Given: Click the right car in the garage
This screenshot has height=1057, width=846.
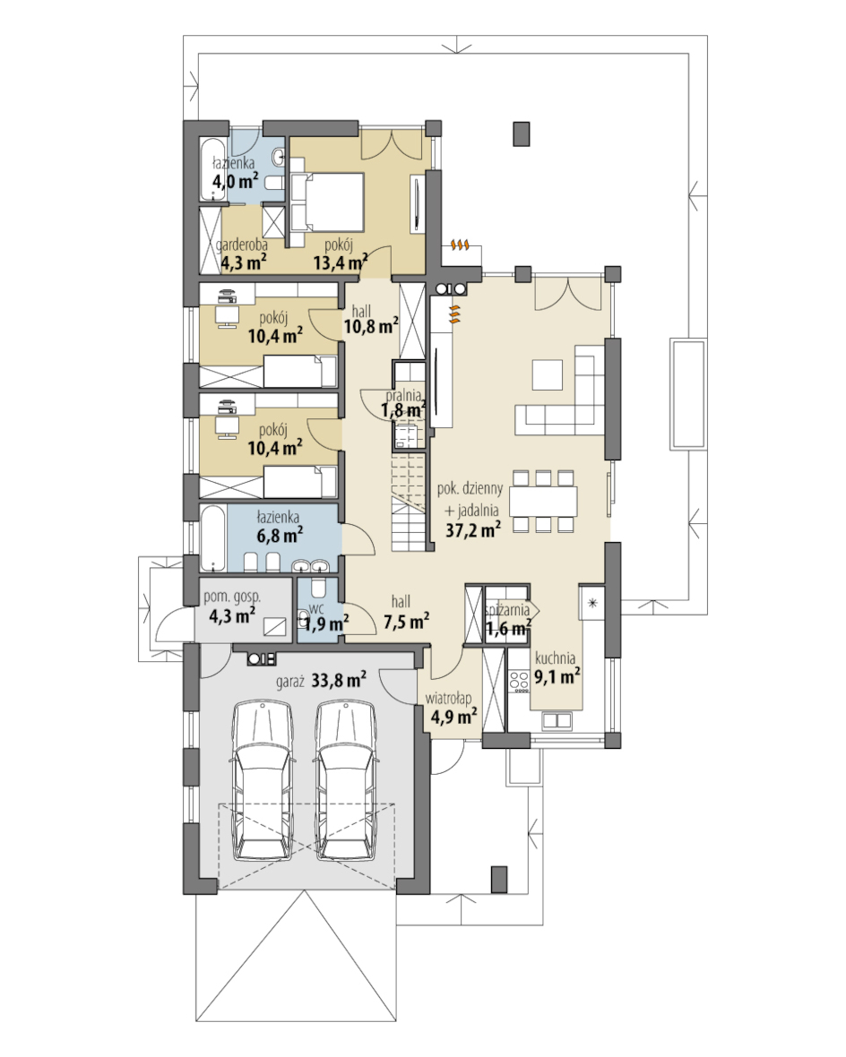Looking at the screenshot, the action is click(x=345, y=780).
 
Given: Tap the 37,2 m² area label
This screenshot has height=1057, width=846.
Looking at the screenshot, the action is click(x=473, y=530).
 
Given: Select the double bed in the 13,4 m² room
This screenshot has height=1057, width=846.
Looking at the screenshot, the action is click(x=327, y=202).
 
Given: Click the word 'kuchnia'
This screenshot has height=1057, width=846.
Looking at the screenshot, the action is click(x=556, y=657).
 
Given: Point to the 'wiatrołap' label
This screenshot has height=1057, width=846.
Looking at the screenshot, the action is click(x=448, y=699).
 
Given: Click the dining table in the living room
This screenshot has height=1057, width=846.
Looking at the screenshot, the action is click(x=543, y=502).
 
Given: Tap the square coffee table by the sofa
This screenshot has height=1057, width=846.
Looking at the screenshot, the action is click(x=548, y=374).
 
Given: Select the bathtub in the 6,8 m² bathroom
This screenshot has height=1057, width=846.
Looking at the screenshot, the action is click(x=213, y=538).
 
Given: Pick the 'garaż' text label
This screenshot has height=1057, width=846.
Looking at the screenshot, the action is click(x=289, y=682).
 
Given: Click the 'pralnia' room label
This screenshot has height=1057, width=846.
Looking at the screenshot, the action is click(x=403, y=395).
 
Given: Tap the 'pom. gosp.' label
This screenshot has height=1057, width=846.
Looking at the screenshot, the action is click(x=232, y=597).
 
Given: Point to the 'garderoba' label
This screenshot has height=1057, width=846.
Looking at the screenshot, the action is click(x=242, y=245).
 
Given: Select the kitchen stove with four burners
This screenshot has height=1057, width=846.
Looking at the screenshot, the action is click(x=519, y=680).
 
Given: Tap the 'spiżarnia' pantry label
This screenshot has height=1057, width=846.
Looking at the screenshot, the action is click(x=507, y=610).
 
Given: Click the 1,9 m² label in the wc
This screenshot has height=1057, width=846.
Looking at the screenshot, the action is click(x=326, y=624).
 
